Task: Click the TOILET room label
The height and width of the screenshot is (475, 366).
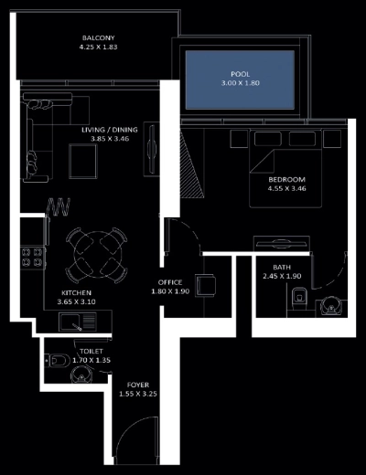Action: tap(91, 351)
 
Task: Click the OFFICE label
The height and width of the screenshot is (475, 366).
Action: tap(169, 281)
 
